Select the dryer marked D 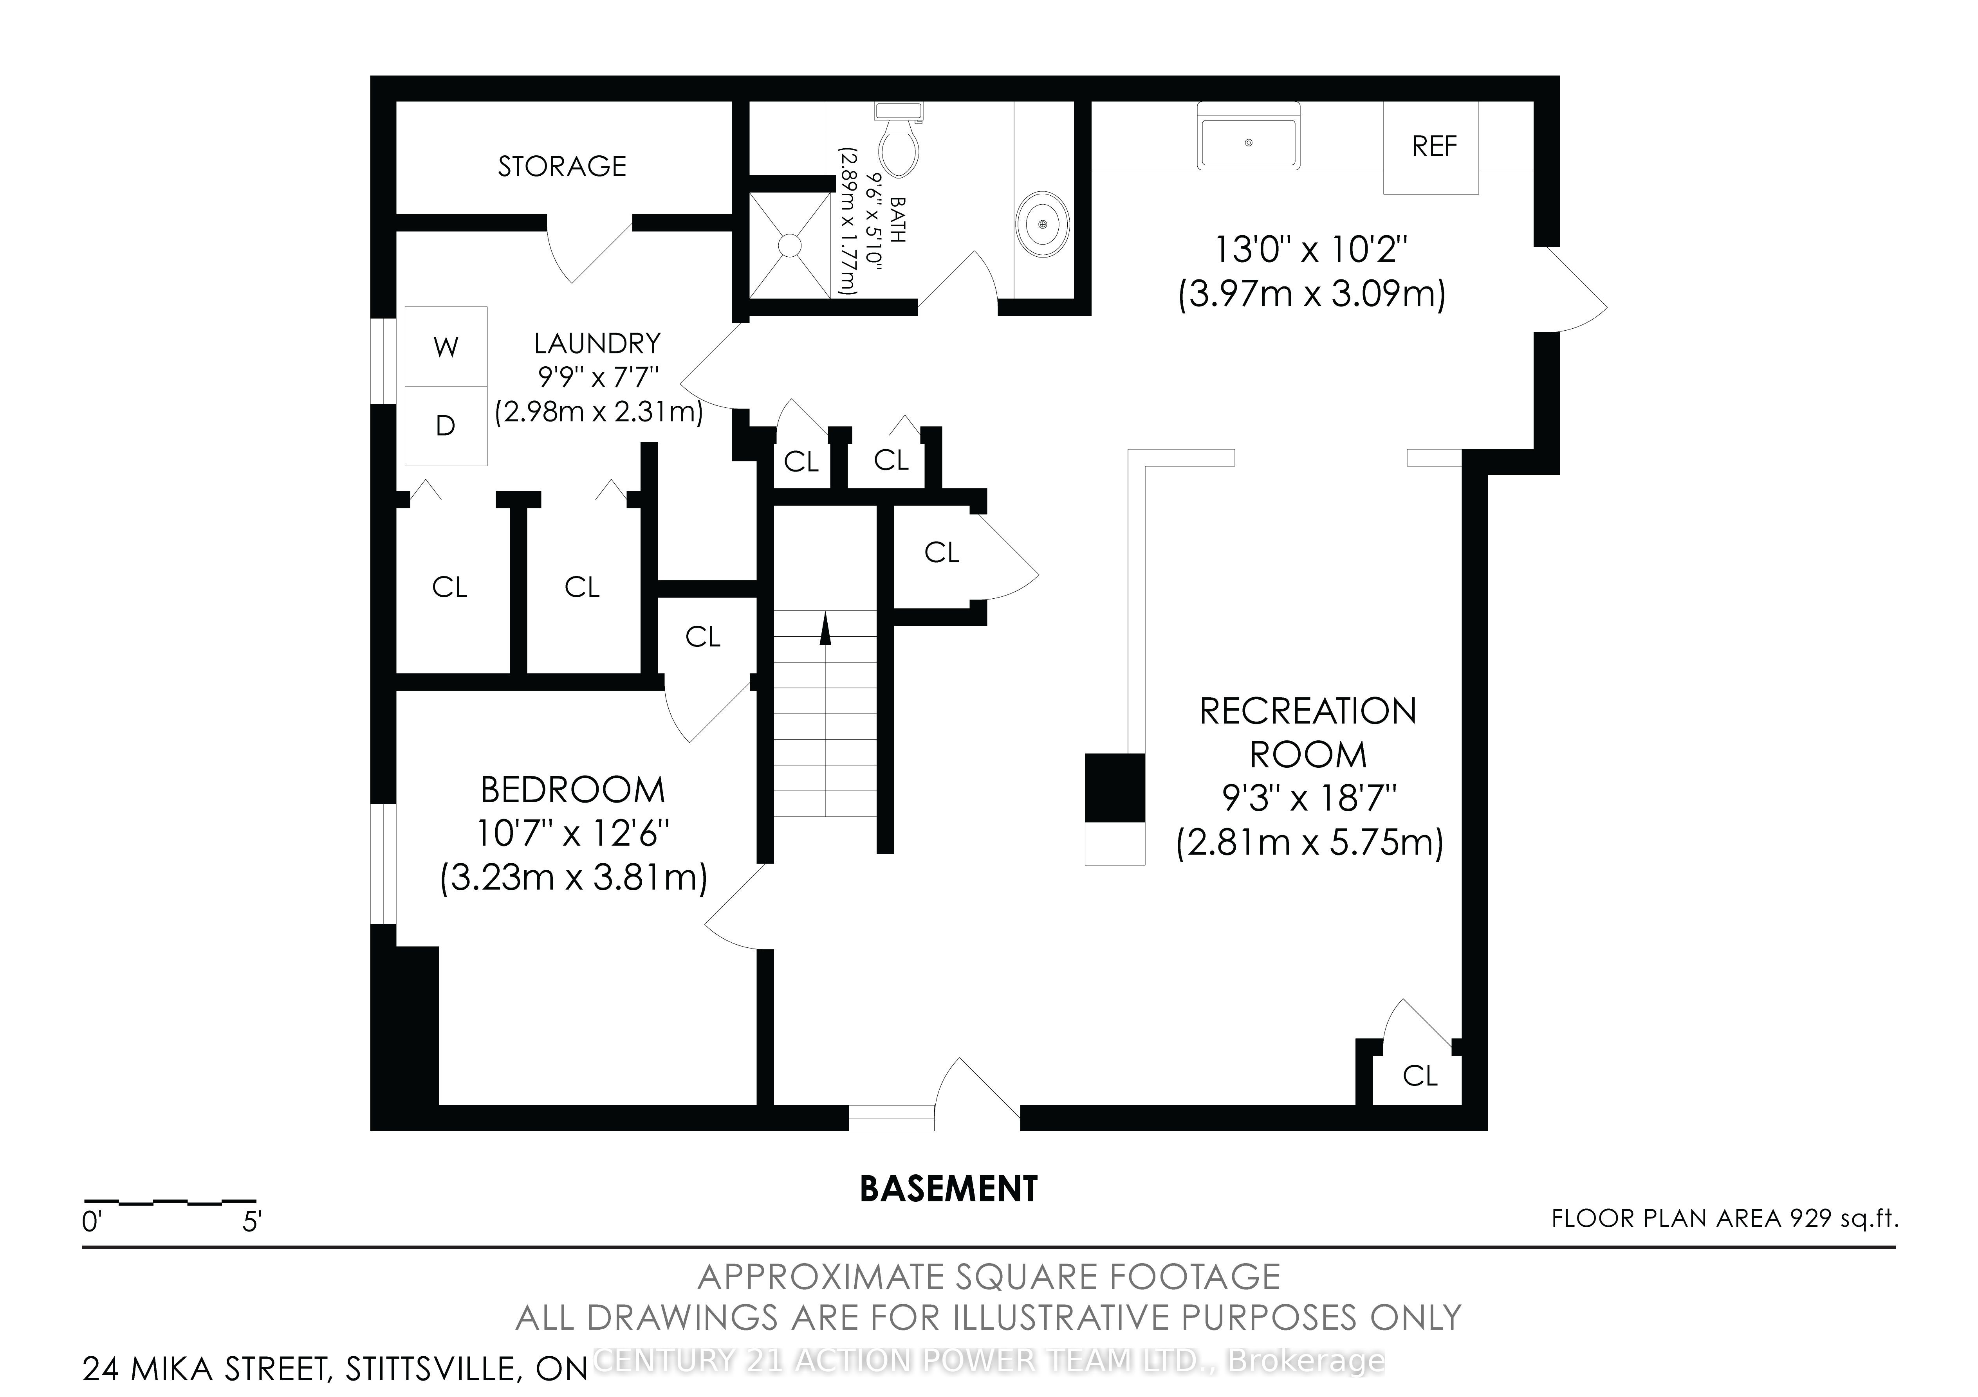446,425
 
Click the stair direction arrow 825,628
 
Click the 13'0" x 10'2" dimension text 1311,250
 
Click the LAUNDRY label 597,344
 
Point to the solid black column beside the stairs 1115,787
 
